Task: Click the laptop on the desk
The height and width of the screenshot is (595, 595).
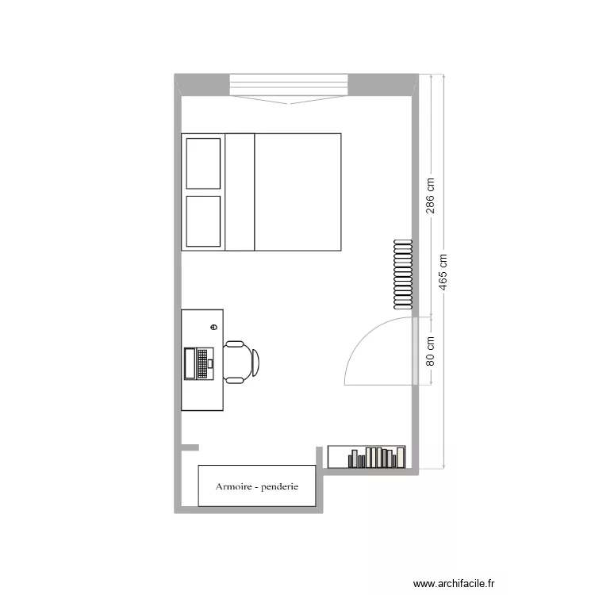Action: tap(199, 363)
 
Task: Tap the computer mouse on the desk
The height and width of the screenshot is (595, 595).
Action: tap(213, 327)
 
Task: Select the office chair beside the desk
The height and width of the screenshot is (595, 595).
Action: tap(240, 361)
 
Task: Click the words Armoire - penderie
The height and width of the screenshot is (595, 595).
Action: tap(256, 486)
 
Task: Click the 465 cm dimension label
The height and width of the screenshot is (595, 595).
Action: tap(443, 272)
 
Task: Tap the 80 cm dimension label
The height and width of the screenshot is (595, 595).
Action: tap(431, 350)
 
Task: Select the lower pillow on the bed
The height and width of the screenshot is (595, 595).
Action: tap(203, 221)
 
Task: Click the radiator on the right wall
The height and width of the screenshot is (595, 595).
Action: tap(403, 274)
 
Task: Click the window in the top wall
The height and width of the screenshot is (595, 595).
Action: tap(290, 83)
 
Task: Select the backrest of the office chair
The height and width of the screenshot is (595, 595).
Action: tap(255, 361)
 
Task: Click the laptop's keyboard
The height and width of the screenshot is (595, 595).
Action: tap(203, 363)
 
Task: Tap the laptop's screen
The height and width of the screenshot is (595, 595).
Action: tap(190, 363)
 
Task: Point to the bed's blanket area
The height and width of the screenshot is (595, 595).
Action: tap(297, 192)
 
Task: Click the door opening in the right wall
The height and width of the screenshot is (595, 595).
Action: tap(415, 351)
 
